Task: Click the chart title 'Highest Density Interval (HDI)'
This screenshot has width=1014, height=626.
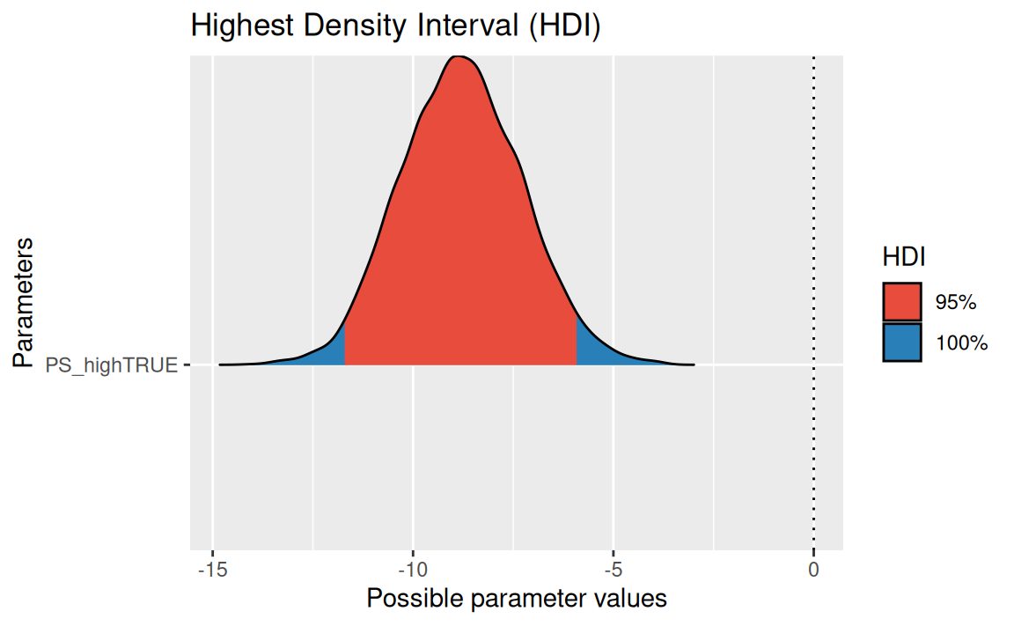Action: coord(395,26)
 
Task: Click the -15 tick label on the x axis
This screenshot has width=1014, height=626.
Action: coord(212,569)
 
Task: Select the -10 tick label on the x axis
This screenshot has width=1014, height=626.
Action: coord(412,569)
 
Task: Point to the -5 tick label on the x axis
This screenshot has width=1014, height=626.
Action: coord(613,569)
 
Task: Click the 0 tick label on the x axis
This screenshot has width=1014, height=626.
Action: coord(813,569)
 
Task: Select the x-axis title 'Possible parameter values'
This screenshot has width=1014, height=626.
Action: coord(517,599)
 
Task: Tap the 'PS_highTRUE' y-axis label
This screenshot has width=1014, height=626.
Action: coord(112,364)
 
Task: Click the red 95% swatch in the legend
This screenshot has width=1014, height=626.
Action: coord(902,302)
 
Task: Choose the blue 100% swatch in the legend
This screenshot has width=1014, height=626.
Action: coord(902,342)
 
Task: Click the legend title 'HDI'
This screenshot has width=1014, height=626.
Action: coord(903,256)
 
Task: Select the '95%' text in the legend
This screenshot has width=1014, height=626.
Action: coord(956,302)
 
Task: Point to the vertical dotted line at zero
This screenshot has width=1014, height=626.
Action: coord(813,220)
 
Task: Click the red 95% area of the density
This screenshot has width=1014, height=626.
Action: coord(458,247)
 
